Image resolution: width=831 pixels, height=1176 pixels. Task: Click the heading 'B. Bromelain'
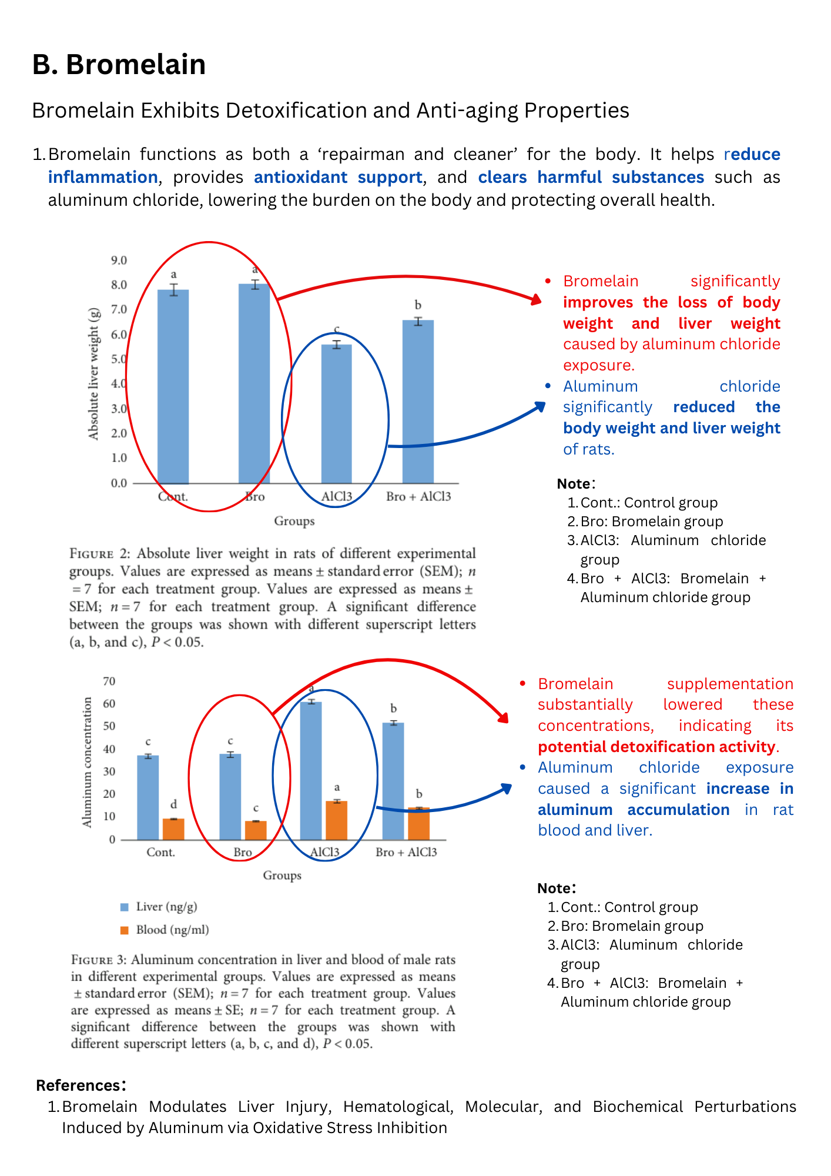(119, 64)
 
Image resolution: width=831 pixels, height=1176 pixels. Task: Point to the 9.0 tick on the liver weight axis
(119, 260)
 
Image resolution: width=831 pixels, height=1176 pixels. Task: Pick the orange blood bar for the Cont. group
(173, 828)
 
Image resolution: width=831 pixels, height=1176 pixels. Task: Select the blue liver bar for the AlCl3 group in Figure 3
(311, 770)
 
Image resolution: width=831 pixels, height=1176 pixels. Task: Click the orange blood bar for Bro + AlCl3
(418, 823)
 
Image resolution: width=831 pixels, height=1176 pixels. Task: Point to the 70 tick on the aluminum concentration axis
(109, 681)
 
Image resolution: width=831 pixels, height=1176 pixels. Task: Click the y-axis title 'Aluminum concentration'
(88, 762)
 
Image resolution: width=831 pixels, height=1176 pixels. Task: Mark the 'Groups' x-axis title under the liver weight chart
(294, 521)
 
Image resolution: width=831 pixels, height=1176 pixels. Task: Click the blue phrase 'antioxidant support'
(338, 177)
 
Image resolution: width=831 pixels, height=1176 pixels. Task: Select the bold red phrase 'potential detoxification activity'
(656, 747)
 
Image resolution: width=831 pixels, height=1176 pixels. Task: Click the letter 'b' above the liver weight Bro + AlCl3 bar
(418, 305)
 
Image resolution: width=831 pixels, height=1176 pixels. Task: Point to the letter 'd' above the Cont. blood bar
(173, 804)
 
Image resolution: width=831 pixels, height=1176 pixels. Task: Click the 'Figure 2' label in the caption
(99, 553)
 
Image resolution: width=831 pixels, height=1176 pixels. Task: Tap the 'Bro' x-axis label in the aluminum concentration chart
(242, 852)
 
